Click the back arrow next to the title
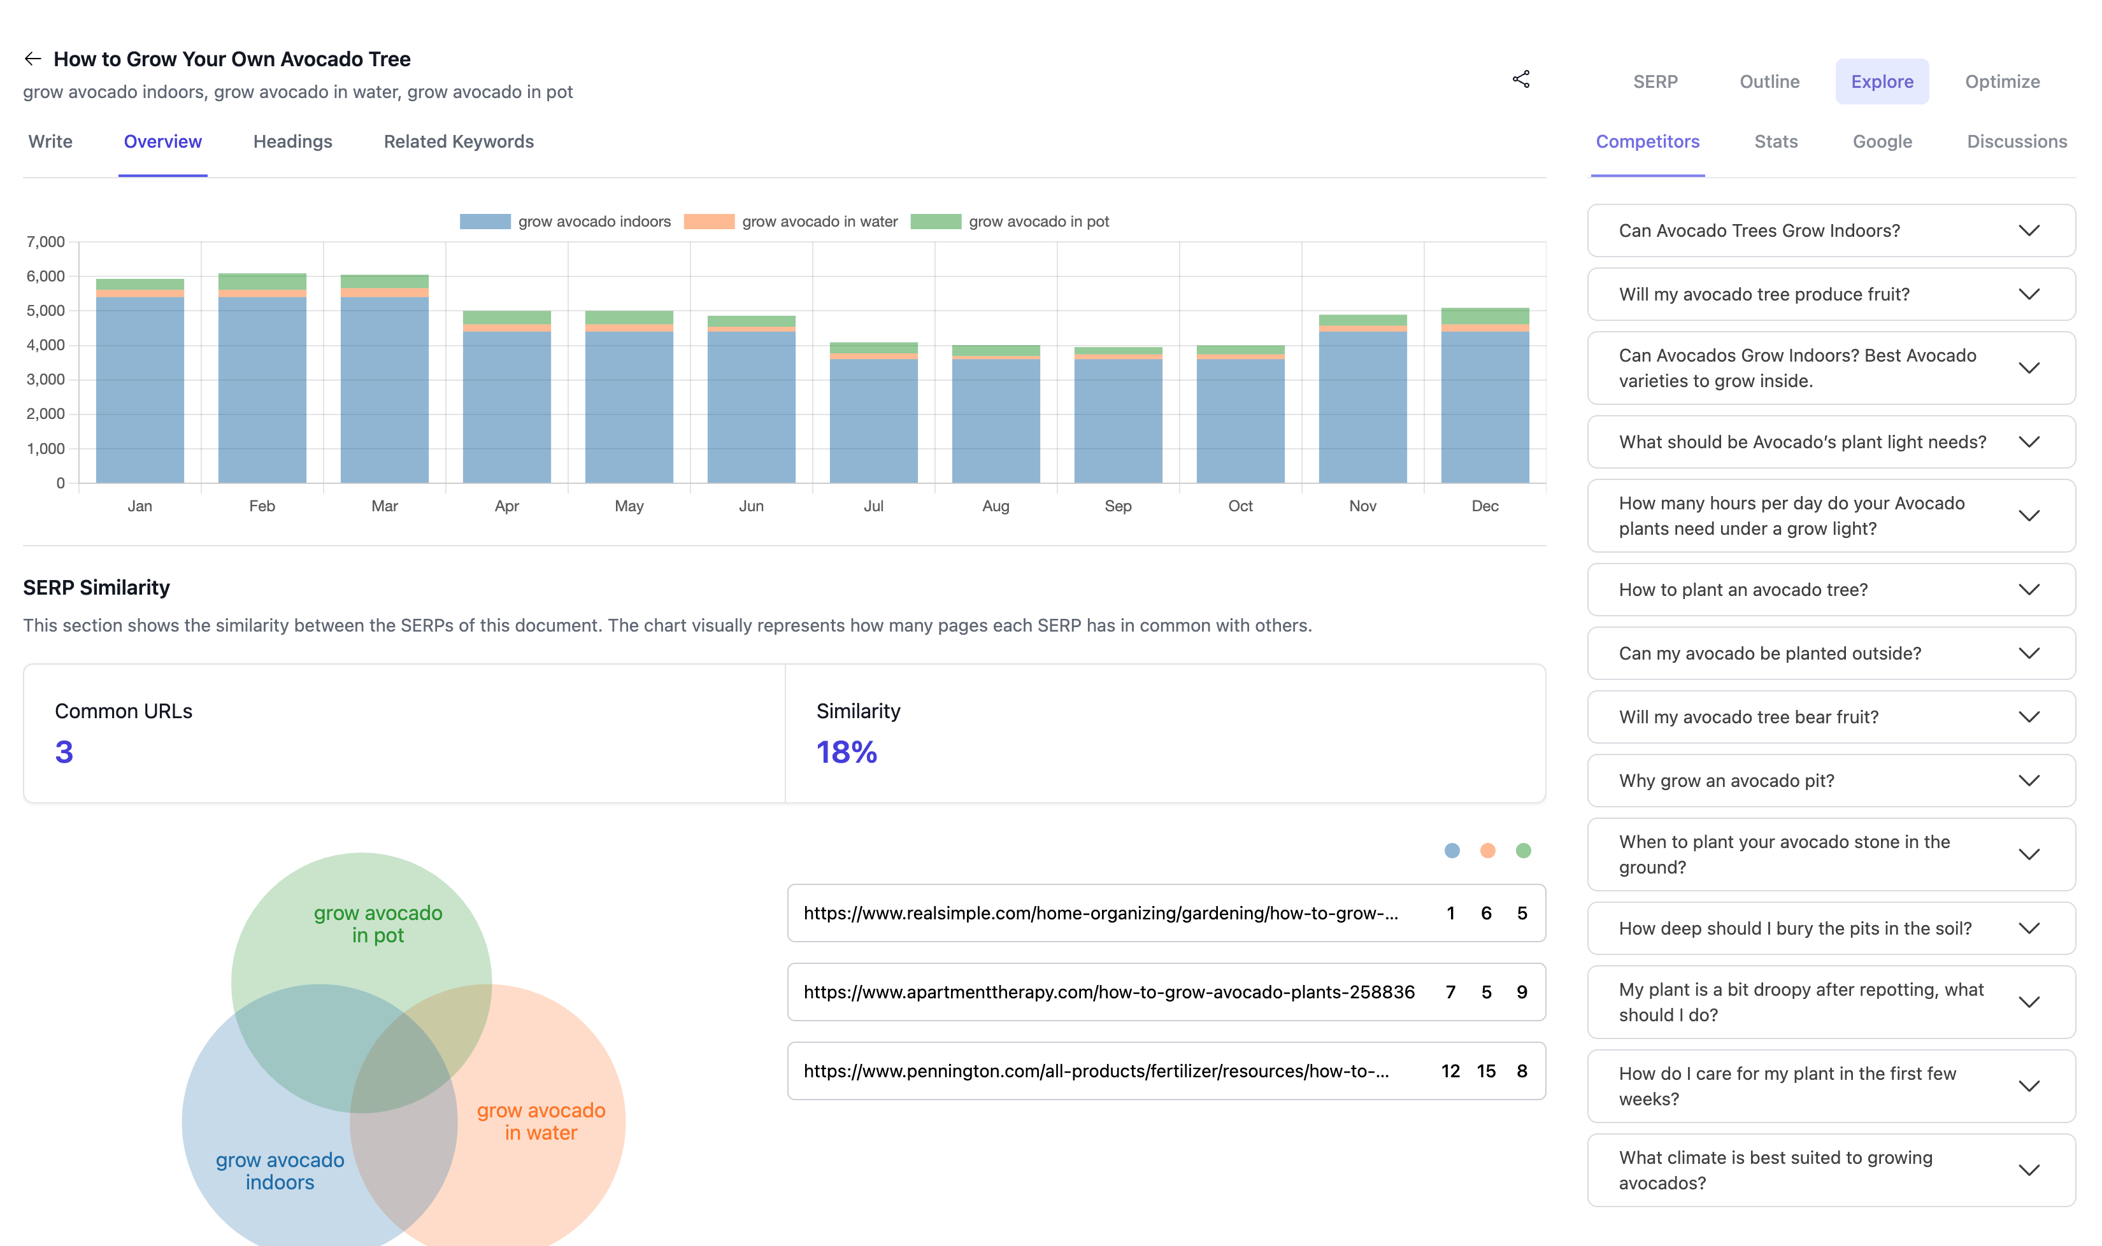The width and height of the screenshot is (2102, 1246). [32, 59]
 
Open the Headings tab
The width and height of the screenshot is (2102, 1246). [292, 142]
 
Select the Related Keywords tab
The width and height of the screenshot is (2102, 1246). [459, 142]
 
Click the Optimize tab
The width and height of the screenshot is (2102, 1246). [2001, 81]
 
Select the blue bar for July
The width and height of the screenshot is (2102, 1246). [873, 420]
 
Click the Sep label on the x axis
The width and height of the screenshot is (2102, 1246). [1118, 506]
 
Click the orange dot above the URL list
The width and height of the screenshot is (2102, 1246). [1487, 851]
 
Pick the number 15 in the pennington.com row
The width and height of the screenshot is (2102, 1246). [1485, 1072]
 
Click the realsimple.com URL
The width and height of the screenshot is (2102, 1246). [1100, 914]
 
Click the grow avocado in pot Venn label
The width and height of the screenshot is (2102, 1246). [378, 924]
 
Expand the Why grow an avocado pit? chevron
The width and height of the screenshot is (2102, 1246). [2029, 781]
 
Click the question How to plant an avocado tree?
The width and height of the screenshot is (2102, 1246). [1743, 590]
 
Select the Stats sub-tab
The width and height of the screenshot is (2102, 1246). [1775, 142]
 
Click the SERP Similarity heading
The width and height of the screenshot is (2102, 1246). [97, 588]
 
